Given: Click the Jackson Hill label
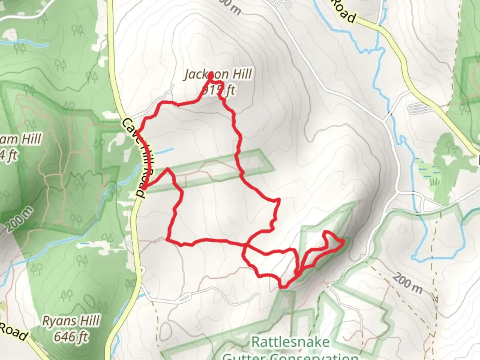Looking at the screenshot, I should [x=218, y=74].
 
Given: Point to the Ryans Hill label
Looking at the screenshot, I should [x=71, y=321].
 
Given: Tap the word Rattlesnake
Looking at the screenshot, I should [x=290, y=342].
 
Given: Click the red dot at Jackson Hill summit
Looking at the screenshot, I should [x=211, y=76].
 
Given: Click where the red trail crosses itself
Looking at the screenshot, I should [x=246, y=246].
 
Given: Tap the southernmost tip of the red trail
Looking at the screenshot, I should [x=283, y=286].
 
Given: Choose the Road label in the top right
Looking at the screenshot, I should [x=343, y=11].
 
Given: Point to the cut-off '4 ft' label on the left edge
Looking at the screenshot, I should [x=8, y=155].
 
